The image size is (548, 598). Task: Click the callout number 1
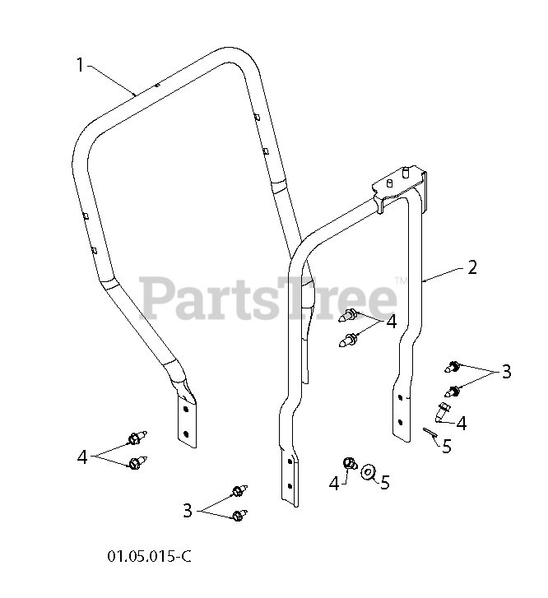[x=80, y=65]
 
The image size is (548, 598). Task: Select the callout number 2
[x=471, y=267]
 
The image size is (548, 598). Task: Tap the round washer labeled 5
[x=369, y=471]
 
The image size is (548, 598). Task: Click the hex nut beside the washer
[x=349, y=466]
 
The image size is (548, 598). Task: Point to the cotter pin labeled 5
[x=428, y=433]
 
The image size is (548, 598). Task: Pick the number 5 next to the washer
[x=384, y=483]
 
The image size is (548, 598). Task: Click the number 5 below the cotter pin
[x=447, y=447]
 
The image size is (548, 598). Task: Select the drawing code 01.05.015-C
[x=149, y=555]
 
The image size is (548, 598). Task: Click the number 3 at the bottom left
[x=188, y=511]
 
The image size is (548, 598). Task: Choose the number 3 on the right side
[x=507, y=371]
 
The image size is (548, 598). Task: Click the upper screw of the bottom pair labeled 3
[x=238, y=492]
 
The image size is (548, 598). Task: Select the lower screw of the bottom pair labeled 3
[x=239, y=516]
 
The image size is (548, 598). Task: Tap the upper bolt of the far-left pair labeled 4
[x=135, y=438]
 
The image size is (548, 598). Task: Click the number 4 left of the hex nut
[x=334, y=484]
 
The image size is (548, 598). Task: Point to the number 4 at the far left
[x=82, y=457]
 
